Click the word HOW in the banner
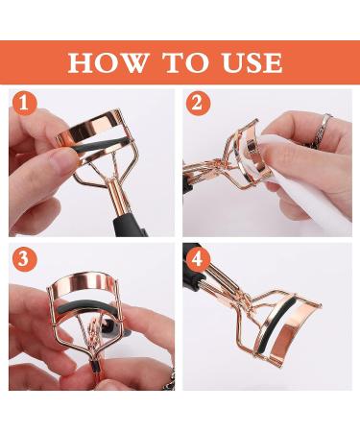108,62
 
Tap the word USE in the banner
252,62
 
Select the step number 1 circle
25,104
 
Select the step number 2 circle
199,104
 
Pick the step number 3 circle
25,259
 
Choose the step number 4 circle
199,259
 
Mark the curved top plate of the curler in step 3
84,283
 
